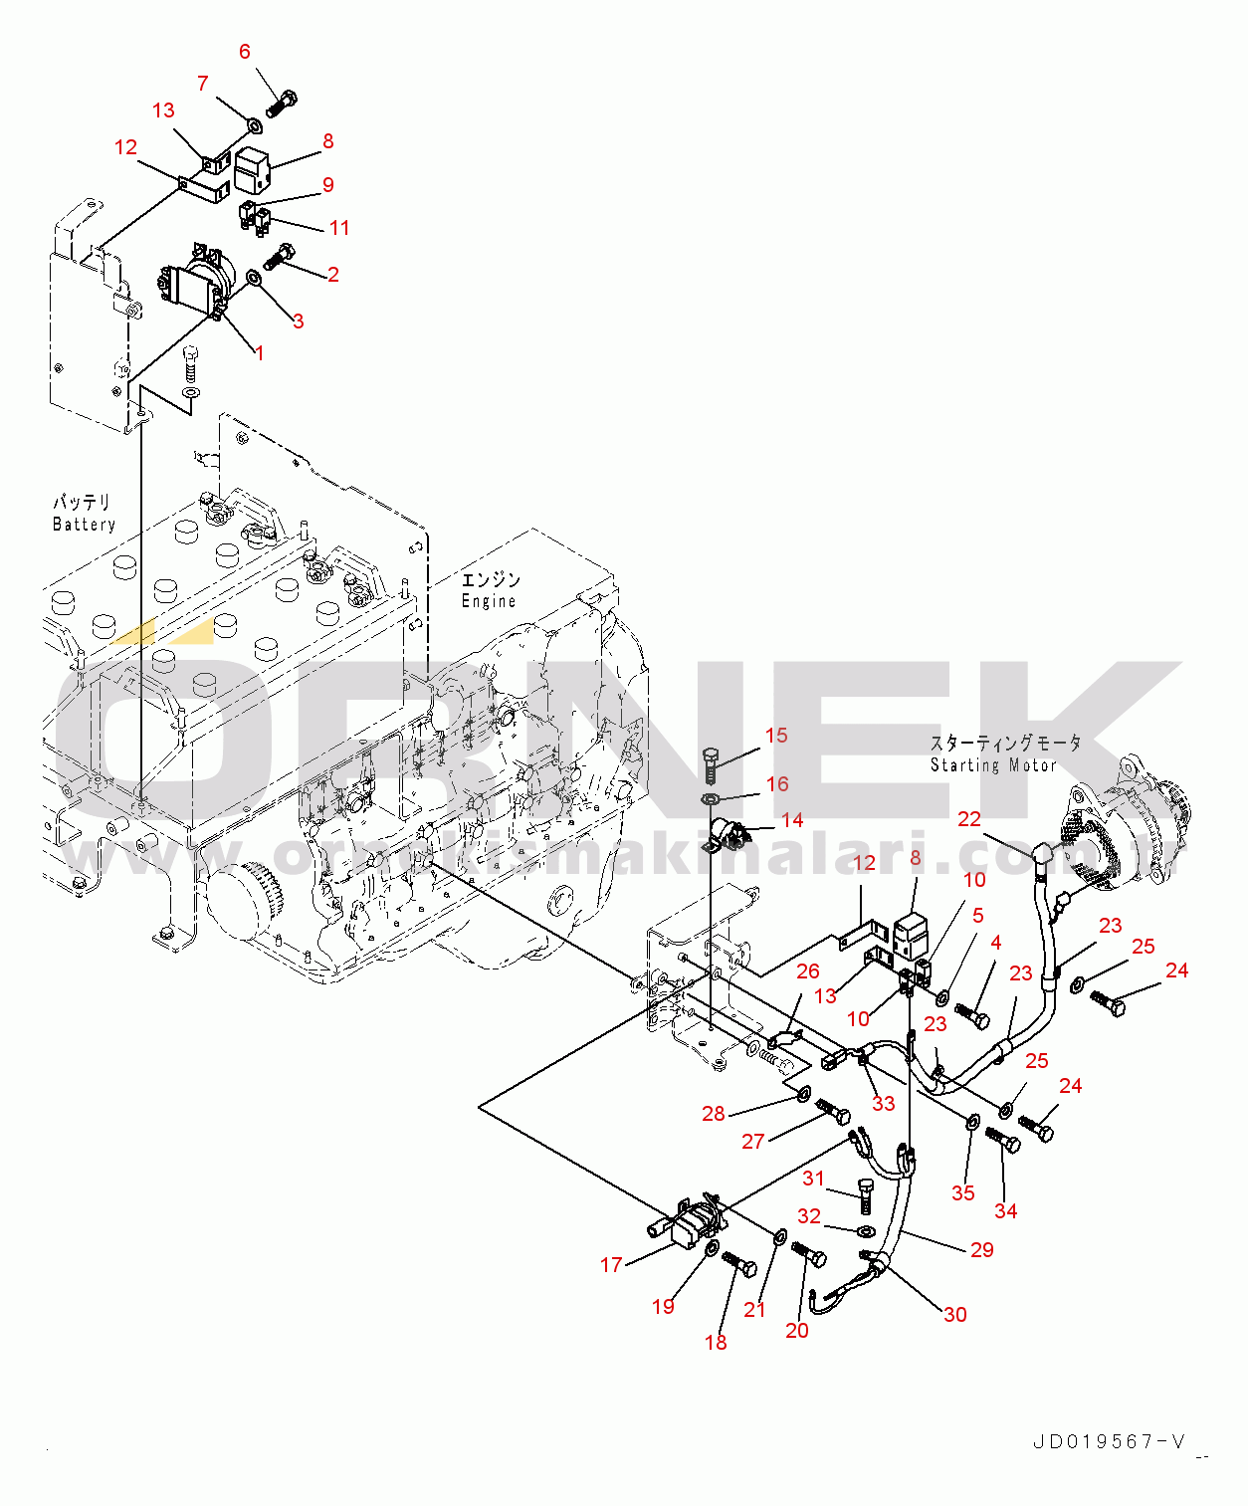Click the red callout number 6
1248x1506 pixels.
(x=245, y=52)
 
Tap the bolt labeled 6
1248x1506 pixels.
(x=282, y=104)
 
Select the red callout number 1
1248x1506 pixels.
(x=260, y=353)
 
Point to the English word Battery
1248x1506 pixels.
(x=84, y=525)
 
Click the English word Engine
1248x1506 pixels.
(x=489, y=601)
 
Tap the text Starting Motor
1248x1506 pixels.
(x=992, y=765)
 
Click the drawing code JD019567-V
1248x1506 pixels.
(x=1109, y=1441)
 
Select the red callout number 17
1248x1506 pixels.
(x=611, y=1265)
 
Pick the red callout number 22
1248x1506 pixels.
(x=969, y=819)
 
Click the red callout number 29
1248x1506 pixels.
(x=982, y=1250)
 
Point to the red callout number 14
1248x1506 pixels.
(x=792, y=820)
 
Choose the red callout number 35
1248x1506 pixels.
(x=963, y=1192)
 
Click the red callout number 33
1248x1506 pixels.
(x=884, y=1103)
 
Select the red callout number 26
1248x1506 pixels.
(x=808, y=971)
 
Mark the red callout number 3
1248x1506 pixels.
(x=298, y=321)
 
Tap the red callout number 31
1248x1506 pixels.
(x=814, y=1179)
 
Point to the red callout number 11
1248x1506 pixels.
(x=339, y=228)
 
